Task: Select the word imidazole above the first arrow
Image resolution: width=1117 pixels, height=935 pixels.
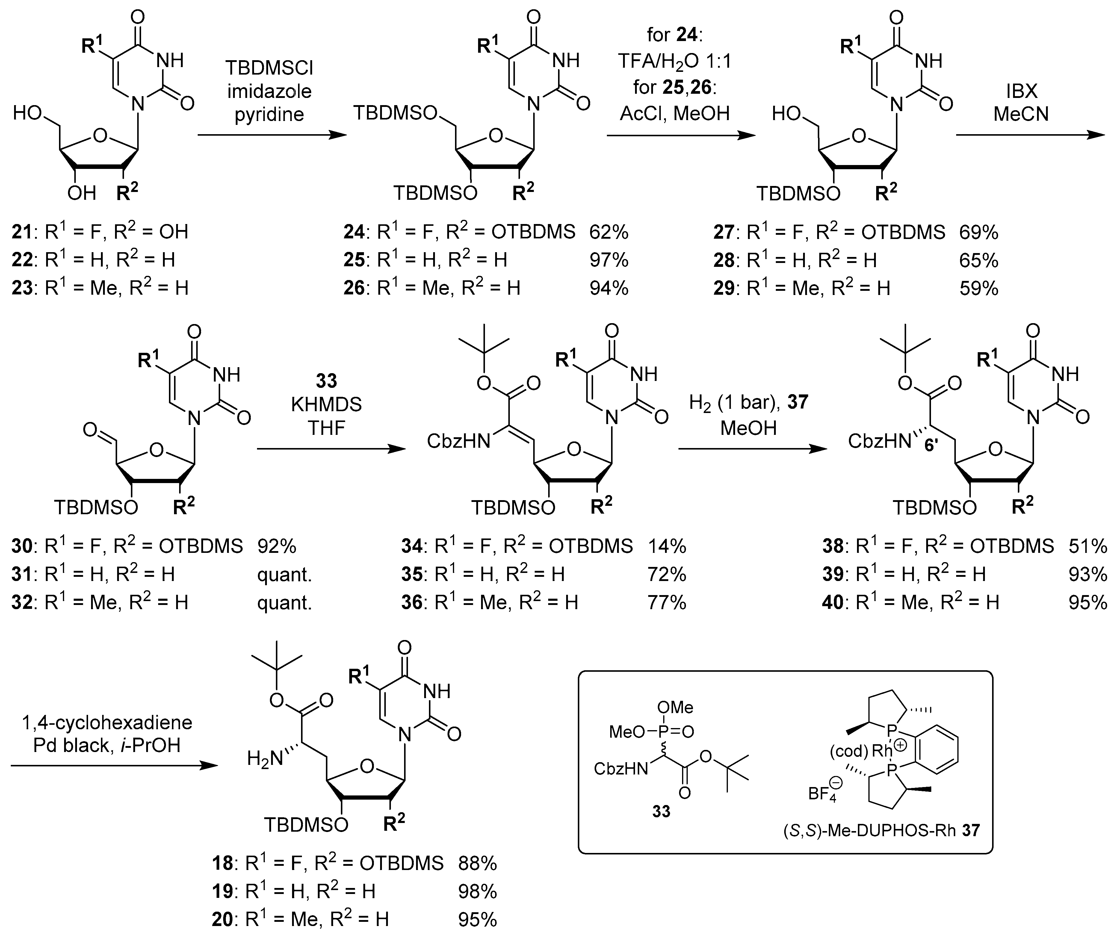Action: pyautogui.click(x=269, y=91)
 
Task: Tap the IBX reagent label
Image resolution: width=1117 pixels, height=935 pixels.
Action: pyautogui.click(x=1021, y=91)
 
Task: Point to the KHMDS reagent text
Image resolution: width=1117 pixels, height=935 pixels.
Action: pyautogui.click(x=326, y=405)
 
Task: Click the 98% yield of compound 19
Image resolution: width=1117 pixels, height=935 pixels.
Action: pyautogui.click(x=477, y=891)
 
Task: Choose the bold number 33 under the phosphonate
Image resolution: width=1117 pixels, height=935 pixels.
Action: pyautogui.click(x=661, y=812)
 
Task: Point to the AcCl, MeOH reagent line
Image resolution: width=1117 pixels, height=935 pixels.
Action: pyautogui.click(x=675, y=113)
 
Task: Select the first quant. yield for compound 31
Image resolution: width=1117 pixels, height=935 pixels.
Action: pyautogui.click(x=284, y=574)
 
